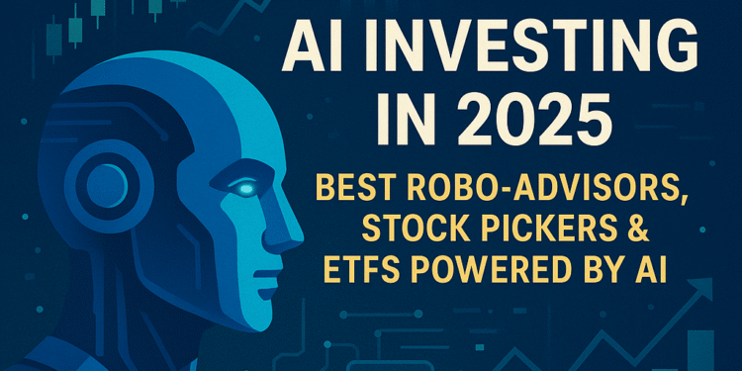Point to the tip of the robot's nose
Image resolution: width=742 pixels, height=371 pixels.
(x=298, y=237)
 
